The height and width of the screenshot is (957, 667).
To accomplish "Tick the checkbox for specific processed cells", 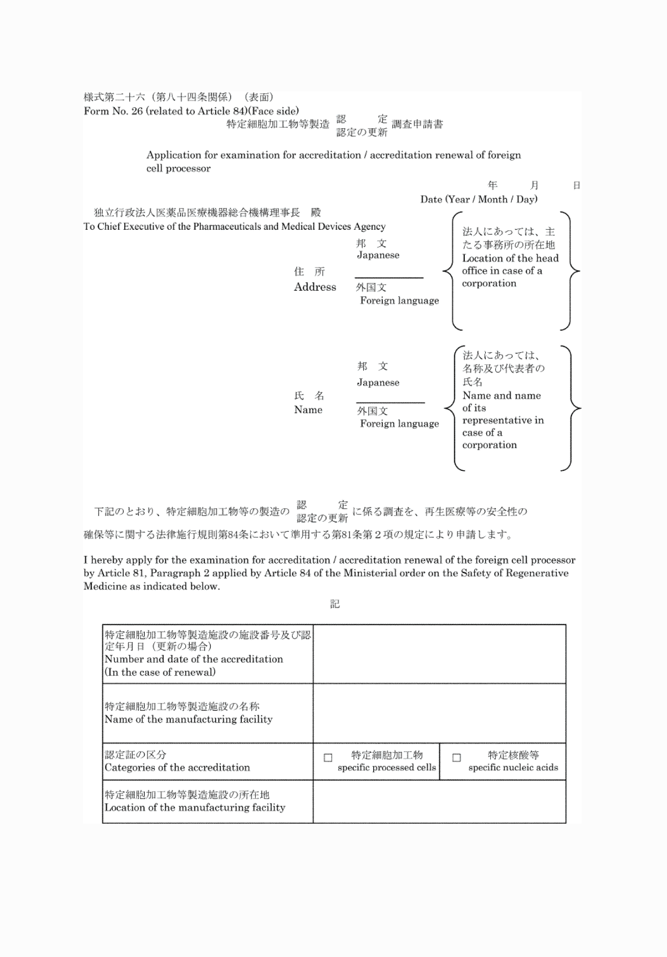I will pos(328,758).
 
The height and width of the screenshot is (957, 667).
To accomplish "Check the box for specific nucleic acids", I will pos(456,758).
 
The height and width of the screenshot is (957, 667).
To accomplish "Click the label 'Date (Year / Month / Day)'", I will pos(478,199).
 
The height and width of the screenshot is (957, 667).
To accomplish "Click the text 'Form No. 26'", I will pos(113,111).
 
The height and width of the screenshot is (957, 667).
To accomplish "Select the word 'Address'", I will pos(315,287).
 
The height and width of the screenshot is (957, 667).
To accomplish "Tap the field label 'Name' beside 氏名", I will pos(308,410).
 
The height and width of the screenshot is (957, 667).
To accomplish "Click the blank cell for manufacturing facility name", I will pos(439,713).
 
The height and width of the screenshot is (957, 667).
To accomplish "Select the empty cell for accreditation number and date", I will pos(439,654).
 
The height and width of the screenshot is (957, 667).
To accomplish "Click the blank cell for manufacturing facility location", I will pos(439,801).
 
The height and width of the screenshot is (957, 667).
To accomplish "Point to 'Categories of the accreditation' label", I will pos(177,768).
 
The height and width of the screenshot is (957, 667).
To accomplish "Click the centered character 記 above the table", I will pos(335,605).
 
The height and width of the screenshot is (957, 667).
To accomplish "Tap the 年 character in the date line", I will pos(492,185).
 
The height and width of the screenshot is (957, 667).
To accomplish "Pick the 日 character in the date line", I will pos(577,185).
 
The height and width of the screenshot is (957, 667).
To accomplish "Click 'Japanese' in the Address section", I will pos(378,255).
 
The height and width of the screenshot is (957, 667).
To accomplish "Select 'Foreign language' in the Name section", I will pos(399,423).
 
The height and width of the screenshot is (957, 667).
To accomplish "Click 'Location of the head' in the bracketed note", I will pos(510,259).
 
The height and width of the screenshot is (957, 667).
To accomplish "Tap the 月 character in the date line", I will pos(534,185).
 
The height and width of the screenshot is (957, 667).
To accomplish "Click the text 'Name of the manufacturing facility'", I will pos(188,719).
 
